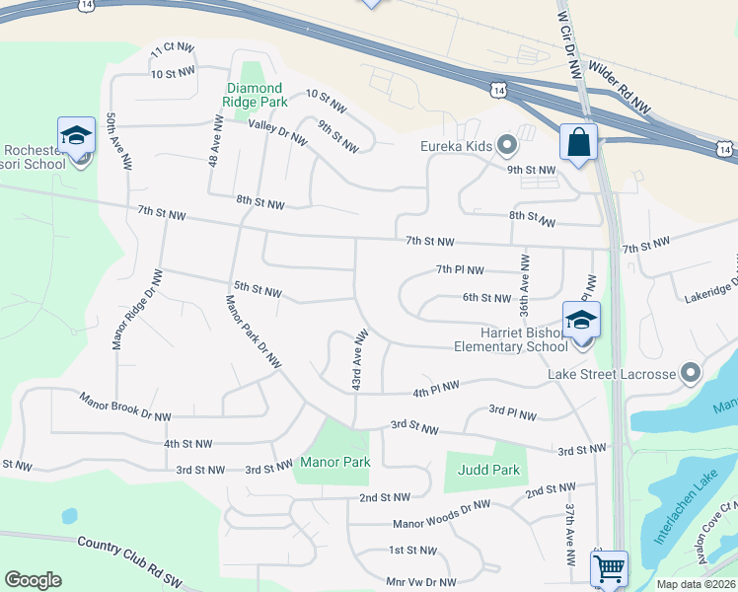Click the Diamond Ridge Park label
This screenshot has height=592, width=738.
pyautogui.click(x=256, y=95)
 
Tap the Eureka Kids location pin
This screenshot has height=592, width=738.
pyautogui.click(x=508, y=146)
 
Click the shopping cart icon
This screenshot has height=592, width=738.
pyautogui.click(x=608, y=569)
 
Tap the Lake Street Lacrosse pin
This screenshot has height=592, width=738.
pyautogui.click(x=690, y=373)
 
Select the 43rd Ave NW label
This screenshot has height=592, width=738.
pyautogui.click(x=360, y=359)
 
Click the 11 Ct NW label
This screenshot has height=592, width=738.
pyautogui.click(x=170, y=51)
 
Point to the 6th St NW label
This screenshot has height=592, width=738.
pyautogui.click(x=487, y=297)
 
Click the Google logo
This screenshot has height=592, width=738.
pyautogui.click(x=33, y=580)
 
